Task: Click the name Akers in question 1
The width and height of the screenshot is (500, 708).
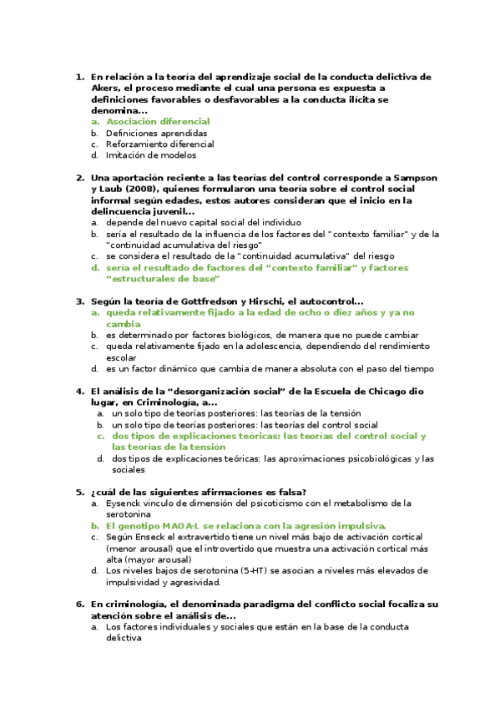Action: [106, 88]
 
